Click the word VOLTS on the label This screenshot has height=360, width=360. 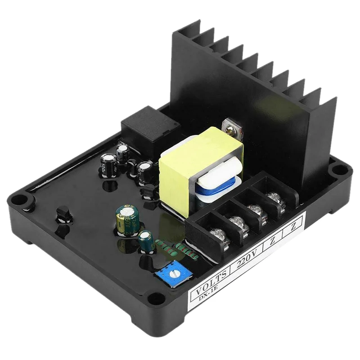208,284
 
